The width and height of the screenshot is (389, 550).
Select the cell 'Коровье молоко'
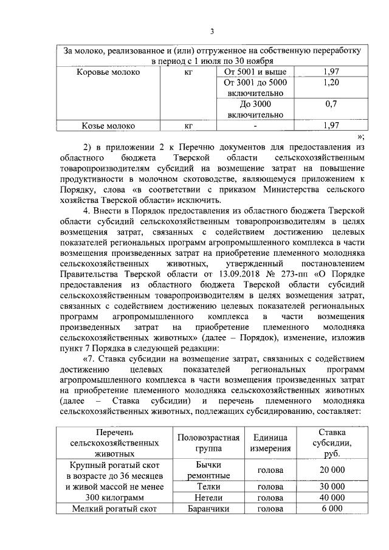(108, 72)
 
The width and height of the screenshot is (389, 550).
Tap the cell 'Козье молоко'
(109, 126)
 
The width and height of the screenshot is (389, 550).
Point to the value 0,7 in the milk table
(331, 104)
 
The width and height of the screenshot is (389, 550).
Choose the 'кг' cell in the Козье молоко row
(188, 126)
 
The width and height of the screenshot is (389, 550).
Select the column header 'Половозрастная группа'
(208, 444)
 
